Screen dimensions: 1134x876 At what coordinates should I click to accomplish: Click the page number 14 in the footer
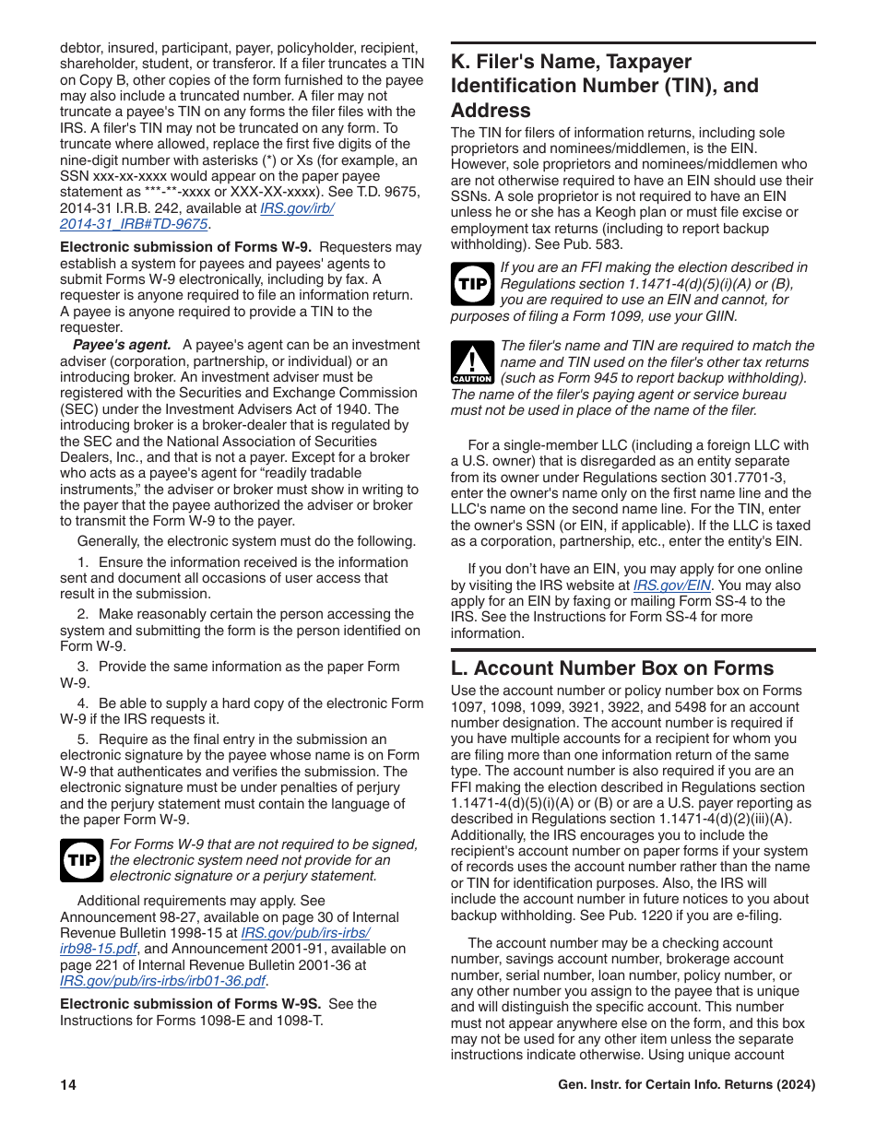point(68,1085)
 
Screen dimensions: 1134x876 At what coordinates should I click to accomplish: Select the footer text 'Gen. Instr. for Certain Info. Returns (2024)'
point(687,1085)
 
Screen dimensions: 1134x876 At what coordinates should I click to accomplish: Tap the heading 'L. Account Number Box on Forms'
point(612,668)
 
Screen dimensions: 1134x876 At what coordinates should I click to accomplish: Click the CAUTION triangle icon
point(472,362)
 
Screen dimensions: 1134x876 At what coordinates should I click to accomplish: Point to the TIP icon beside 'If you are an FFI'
point(472,284)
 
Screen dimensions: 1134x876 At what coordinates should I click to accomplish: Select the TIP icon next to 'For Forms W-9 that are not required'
point(82,860)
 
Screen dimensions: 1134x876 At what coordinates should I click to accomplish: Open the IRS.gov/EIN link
point(671,585)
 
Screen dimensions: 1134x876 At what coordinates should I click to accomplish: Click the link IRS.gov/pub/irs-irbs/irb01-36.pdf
point(163,981)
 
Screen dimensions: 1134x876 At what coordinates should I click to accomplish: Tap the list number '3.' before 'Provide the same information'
point(83,667)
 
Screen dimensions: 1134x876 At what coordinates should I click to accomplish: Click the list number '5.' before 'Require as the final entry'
point(83,739)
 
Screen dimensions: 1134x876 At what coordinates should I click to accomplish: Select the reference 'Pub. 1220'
point(670,915)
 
